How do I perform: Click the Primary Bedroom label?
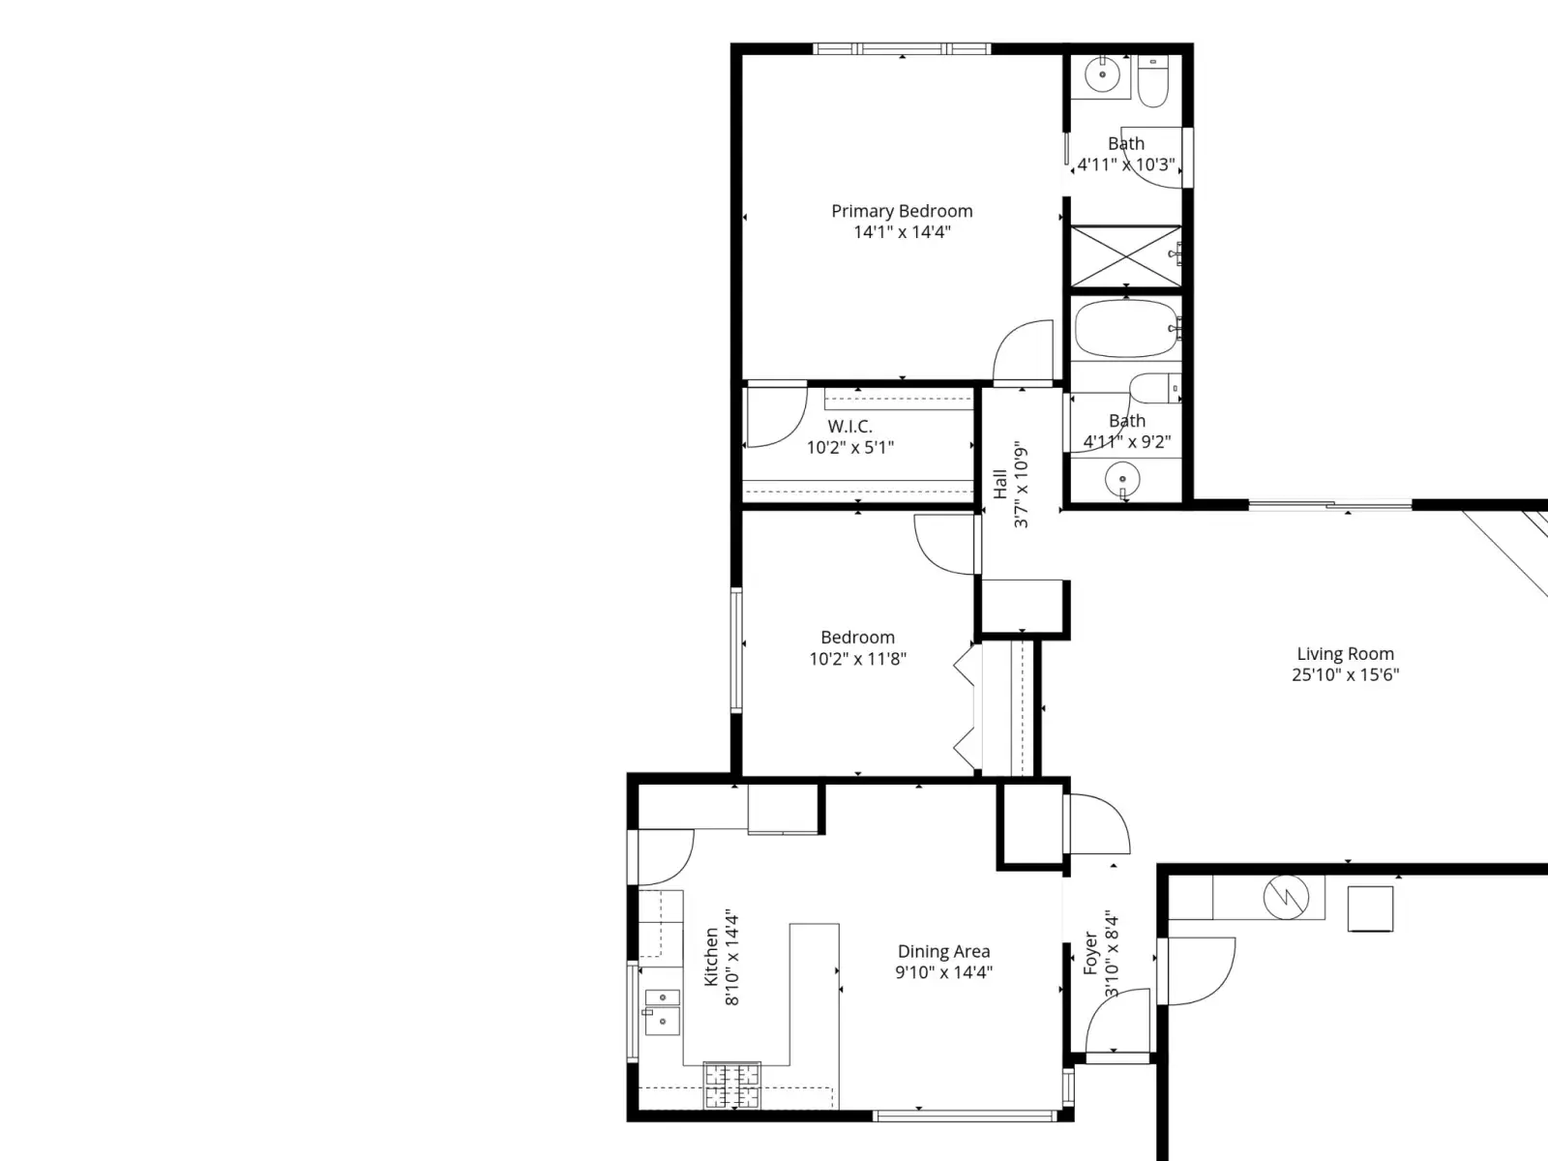[x=902, y=212]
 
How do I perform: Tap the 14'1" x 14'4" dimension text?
[x=902, y=232]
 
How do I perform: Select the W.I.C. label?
[x=849, y=426]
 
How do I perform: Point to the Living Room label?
[x=1345, y=654]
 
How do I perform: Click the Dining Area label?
[x=943, y=952]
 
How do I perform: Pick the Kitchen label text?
[x=711, y=957]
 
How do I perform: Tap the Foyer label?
[x=1091, y=953]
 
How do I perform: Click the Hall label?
[x=1000, y=485]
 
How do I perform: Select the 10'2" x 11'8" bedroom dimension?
[x=857, y=659]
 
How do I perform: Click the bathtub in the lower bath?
[x=1125, y=329]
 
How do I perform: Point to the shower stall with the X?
[x=1126, y=255]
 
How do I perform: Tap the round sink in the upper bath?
[x=1102, y=74]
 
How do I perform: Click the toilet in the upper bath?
[x=1153, y=81]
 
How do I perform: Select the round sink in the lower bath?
[x=1122, y=479]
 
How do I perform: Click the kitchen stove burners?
[x=732, y=1085]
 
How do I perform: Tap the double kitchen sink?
[x=662, y=1012]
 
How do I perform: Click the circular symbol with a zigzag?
[x=1286, y=898]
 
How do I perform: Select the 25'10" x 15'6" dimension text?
[x=1345, y=674]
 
